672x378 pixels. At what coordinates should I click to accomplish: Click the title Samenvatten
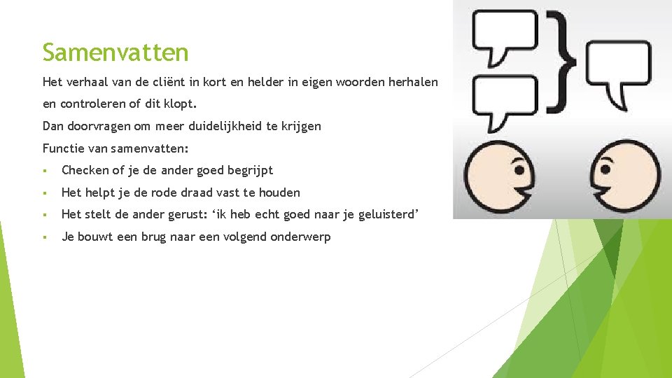[x=115, y=52]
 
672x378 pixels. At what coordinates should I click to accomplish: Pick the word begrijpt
[x=250, y=170]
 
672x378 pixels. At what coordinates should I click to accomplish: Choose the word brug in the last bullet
[x=155, y=237]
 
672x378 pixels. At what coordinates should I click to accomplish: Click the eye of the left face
[x=519, y=169]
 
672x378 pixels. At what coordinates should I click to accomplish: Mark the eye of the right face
[x=608, y=169]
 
